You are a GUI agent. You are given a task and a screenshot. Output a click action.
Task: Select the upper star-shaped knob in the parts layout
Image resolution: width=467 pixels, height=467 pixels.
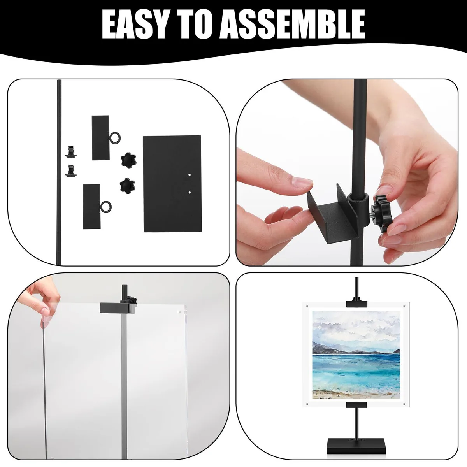click(128, 160)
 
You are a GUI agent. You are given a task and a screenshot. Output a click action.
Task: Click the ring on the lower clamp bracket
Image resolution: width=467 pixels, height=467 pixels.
click(105, 208)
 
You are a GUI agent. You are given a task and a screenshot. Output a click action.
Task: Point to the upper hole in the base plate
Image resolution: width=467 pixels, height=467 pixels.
click(190, 174)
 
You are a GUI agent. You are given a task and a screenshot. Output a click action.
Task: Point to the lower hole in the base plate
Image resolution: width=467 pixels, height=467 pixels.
click(190, 193)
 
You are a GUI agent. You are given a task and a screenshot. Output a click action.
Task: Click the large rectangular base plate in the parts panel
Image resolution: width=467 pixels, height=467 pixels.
click(172, 184)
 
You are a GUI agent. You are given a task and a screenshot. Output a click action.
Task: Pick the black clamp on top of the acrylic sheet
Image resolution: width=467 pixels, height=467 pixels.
click(118, 307)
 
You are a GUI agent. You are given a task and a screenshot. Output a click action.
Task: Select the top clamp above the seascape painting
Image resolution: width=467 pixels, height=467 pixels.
click(356, 304)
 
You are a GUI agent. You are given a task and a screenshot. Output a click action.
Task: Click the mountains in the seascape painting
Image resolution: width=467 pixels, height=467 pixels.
click(355, 348)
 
